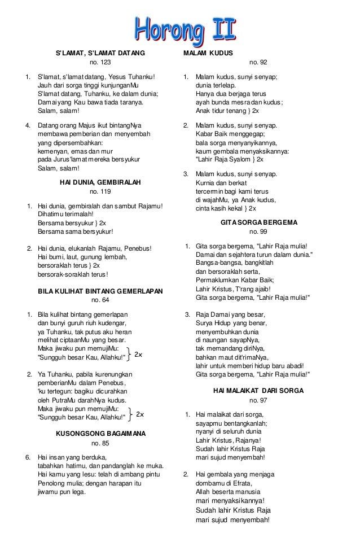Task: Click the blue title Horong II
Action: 185,28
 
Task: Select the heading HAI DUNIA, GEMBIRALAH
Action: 100,183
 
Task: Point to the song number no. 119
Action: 100,192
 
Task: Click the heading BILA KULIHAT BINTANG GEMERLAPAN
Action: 100,291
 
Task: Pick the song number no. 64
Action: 100,300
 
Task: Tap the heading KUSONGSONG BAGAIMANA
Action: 100,434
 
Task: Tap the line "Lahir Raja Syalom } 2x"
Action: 233,160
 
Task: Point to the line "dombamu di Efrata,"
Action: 224,483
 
